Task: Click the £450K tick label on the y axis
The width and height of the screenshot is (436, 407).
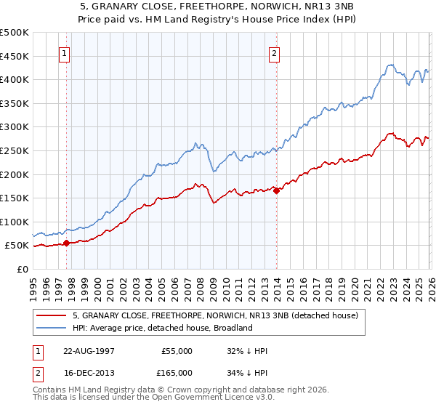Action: pyautogui.click(x=15, y=56)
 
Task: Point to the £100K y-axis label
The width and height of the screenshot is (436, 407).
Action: pyautogui.click(x=15, y=222)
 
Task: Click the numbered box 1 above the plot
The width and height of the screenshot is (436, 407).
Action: pyautogui.click(x=65, y=52)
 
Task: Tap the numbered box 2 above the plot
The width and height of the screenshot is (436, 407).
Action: pyautogui.click(x=275, y=52)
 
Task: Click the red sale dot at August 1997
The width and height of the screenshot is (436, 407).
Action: pyautogui.click(x=66, y=243)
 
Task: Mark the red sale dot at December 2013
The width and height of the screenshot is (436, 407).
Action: pyautogui.click(x=276, y=190)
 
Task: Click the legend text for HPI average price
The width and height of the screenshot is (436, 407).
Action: pyautogui.click(x=162, y=329)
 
